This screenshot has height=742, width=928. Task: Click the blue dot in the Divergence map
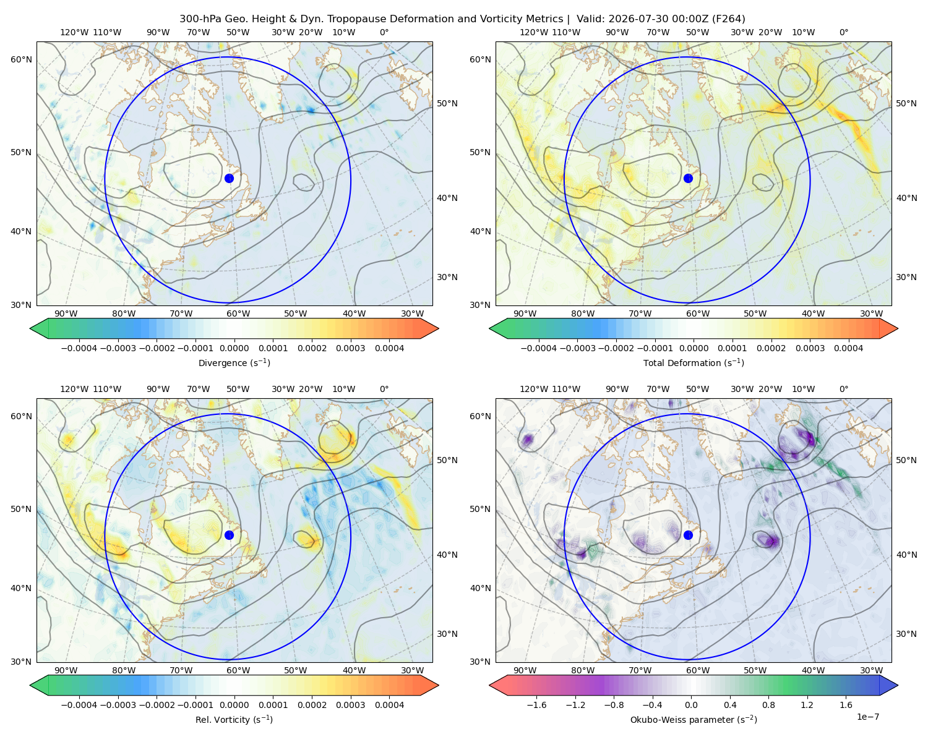pyautogui.click(x=229, y=178)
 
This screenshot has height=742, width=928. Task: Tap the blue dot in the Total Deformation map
pyautogui.click(x=688, y=178)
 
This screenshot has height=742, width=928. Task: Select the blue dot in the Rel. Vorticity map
pyautogui.click(x=229, y=535)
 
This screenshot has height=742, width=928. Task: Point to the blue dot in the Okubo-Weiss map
pyautogui.click(x=688, y=535)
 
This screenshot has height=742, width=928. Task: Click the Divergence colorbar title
pyautogui.click(x=234, y=362)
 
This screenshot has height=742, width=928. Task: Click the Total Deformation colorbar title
pyautogui.click(x=694, y=362)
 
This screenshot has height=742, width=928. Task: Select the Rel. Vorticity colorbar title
pyautogui.click(x=234, y=719)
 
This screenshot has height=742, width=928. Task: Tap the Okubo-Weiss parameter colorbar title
pyautogui.click(x=694, y=719)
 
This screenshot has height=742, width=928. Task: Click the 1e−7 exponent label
pyautogui.click(x=867, y=717)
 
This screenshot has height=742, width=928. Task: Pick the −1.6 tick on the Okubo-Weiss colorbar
pyautogui.click(x=537, y=705)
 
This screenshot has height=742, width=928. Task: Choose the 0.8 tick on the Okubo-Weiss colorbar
pyautogui.click(x=768, y=705)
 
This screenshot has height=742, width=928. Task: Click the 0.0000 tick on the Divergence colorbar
pyautogui.click(x=234, y=348)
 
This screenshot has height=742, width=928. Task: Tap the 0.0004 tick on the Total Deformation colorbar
pyautogui.click(x=848, y=348)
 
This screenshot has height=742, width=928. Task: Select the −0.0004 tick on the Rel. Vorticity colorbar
pyautogui.click(x=79, y=705)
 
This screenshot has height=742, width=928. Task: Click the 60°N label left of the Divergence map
pyautogui.click(x=21, y=59)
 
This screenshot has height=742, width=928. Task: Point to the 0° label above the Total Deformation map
pyautogui.click(x=843, y=32)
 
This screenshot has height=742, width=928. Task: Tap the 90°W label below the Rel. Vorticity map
pyautogui.click(x=66, y=670)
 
